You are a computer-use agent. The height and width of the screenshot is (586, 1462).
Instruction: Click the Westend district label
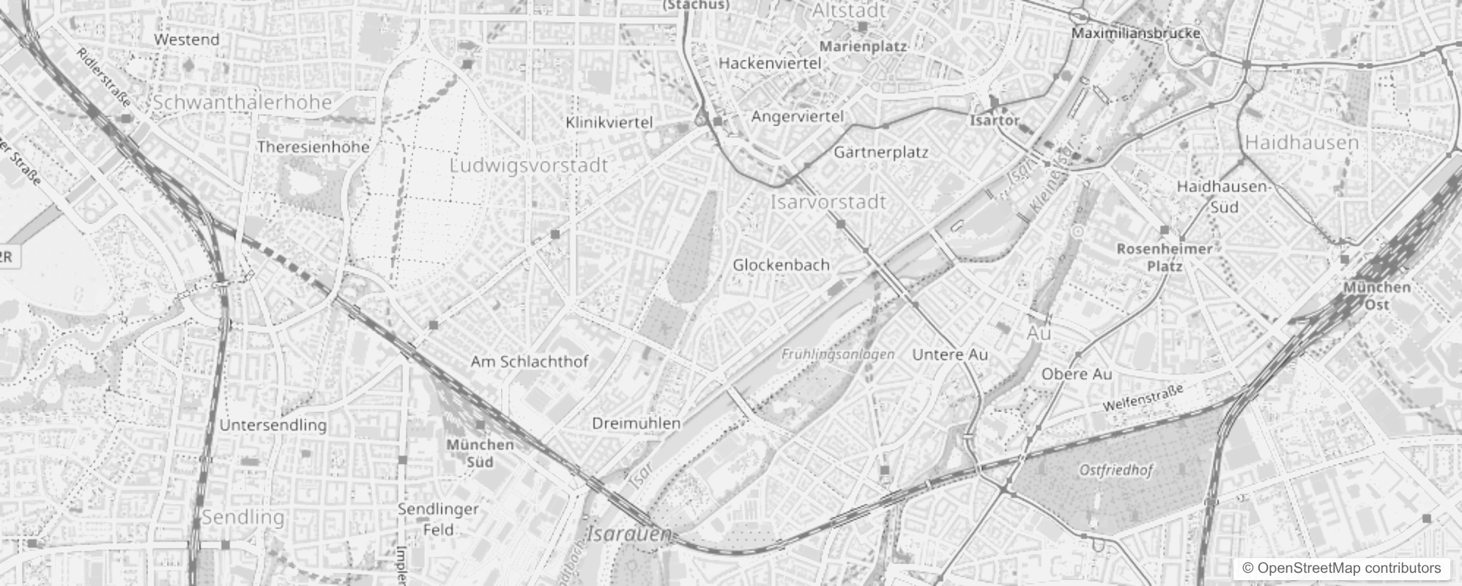click(x=187, y=40)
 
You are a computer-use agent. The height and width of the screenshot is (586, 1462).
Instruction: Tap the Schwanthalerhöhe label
click(x=242, y=102)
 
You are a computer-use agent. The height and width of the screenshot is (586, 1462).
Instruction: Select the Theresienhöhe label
click(x=313, y=146)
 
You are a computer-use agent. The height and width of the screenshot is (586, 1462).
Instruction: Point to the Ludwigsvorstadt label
click(x=529, y=165)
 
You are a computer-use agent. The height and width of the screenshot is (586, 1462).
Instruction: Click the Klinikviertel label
click(x=609, y=122)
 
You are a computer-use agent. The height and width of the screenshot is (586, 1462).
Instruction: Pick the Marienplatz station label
click(x=863, y=46)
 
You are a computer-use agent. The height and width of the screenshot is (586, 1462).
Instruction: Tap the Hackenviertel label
click(x=770, y=63)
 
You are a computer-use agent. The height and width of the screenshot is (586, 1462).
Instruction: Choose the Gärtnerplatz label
click(x=881, y=152)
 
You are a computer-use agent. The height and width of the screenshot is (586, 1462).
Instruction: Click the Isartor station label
click(x=995, y=120)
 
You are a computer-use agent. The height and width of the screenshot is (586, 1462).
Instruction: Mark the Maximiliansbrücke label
click(x=1136, y=33)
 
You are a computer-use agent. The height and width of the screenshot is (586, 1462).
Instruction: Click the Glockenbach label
click(x=782, y=264)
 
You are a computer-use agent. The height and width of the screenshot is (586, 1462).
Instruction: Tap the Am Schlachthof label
click(x=530, y=361)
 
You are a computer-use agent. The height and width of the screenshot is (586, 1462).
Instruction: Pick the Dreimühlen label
click(x=636, y=423)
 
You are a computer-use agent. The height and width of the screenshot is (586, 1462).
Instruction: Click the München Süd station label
click(x=480, y=453)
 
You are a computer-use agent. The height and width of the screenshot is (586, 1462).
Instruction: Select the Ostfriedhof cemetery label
click(x=1116, y=470)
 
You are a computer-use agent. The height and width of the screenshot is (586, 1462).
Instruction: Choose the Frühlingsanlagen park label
click(x=838, y=355)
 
